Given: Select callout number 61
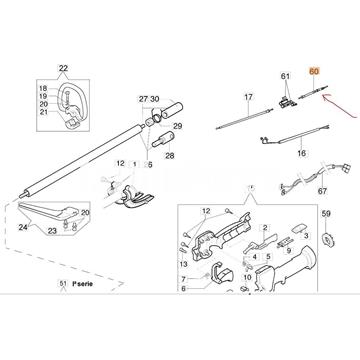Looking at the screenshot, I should pos(285,76).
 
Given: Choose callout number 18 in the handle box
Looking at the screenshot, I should pos(42,89).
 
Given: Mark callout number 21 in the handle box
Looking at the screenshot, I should pos(42,113).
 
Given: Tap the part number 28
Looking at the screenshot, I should pos(167,158).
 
